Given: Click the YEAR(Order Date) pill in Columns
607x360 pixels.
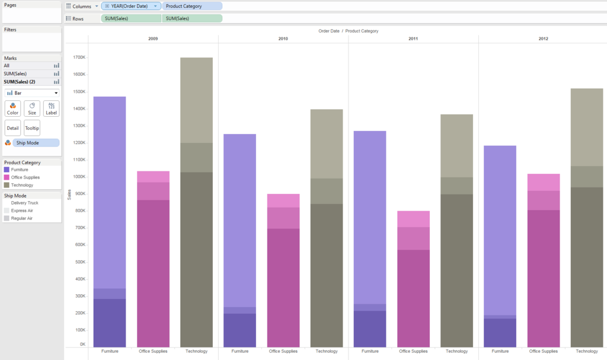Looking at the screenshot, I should pos(130,6).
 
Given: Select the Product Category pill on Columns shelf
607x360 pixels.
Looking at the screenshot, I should pos(191,6).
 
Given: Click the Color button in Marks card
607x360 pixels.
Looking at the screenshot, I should pos(12,109).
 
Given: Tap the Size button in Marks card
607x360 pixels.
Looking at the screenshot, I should pos(32,109).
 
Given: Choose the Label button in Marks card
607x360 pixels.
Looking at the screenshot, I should pos(52,109).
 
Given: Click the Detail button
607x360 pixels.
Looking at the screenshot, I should pos(12,128).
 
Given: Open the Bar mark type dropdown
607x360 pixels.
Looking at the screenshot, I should pos(32,93).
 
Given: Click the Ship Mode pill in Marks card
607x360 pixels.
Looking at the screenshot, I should pos(36,143).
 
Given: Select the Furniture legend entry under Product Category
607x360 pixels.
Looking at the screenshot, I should pos(20,170).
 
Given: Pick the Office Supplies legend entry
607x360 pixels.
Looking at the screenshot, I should pos(25,177).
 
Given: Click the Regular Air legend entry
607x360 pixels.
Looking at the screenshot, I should pos(22,218).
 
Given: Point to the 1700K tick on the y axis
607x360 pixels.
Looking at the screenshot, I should pos(79,58).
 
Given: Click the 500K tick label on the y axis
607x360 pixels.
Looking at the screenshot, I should pos(79,262).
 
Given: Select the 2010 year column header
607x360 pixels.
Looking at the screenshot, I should pos(283,39).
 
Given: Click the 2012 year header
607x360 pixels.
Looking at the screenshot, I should pos(543,39).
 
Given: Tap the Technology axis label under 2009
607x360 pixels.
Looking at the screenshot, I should pos(196,351).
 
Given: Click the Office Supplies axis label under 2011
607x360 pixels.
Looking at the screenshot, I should pos(413,351).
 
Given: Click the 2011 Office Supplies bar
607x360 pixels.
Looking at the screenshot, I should pos(413,285).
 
